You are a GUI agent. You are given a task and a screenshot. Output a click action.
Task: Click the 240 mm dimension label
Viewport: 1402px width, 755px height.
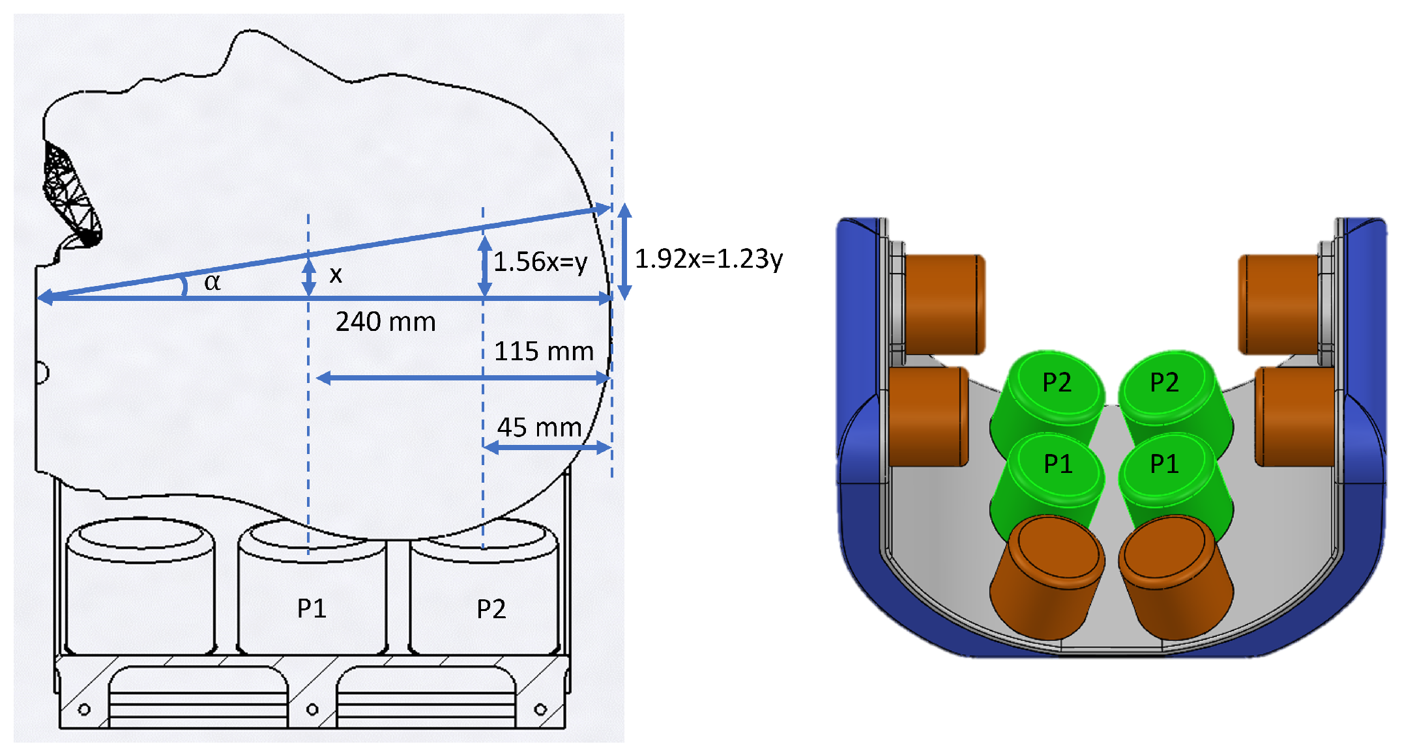(385, 322)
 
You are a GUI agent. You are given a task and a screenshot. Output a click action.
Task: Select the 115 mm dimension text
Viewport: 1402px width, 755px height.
(544, 352)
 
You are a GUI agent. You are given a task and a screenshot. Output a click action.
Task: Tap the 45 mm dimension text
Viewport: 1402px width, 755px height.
(539, 428)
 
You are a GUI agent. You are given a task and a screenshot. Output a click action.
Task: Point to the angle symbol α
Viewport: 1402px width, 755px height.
(212, 282)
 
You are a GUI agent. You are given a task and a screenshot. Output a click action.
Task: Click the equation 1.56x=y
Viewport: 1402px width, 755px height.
(540, 262)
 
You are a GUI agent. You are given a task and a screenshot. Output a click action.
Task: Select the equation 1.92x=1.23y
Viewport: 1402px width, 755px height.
(708, 259)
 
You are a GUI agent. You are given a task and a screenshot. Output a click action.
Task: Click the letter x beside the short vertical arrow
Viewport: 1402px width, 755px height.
(336, 275)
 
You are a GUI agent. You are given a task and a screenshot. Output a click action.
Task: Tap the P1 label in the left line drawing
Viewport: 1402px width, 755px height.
(312, 609)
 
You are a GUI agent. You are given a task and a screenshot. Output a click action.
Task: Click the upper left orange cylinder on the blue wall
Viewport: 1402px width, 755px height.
(944, 304)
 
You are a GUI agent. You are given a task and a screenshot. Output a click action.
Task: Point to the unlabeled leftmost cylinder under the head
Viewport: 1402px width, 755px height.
(140, 586)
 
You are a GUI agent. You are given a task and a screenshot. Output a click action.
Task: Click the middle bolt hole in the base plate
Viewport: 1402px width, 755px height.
(312, 709)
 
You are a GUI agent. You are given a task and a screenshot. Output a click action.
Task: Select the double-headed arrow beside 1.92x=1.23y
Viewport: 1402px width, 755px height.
(624, 251)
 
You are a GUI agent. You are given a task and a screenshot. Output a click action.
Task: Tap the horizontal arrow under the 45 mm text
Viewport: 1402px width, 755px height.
(547, 448)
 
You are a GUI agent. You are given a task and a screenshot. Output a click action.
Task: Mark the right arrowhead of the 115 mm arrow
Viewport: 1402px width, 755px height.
(604, 378)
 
